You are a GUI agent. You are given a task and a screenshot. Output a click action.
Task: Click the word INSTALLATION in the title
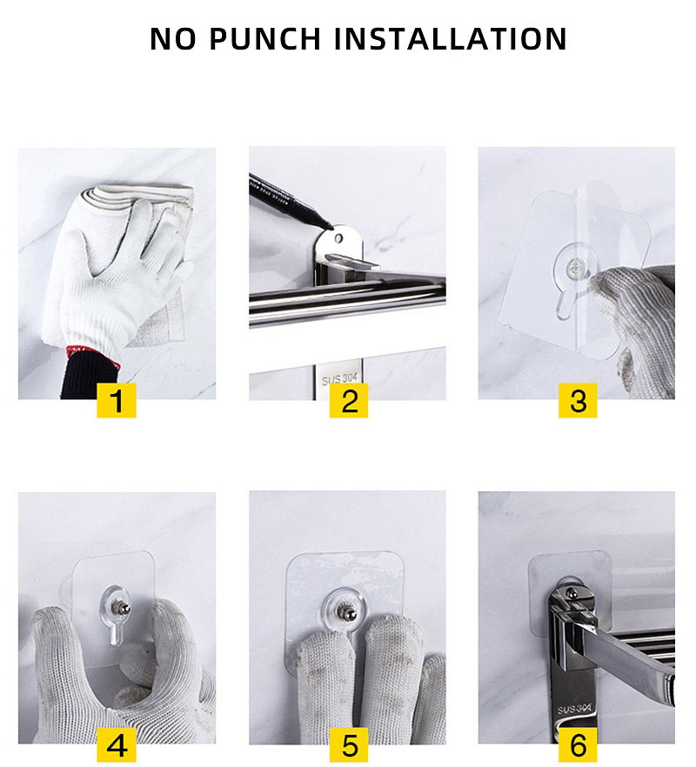coord(450,39)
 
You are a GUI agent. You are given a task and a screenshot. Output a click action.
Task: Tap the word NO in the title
coord(174,39)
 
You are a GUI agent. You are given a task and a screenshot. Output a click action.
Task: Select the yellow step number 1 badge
coord(117,401)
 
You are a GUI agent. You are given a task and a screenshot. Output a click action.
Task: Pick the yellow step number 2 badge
coord(348,401)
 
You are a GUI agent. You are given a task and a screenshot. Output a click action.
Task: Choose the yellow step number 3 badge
coord(578,401)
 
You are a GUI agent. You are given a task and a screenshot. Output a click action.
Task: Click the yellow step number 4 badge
coord(117,745)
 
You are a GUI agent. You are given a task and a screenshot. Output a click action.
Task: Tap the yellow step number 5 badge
coord(348,745)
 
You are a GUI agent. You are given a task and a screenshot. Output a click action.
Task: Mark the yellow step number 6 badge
coord(578,745)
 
